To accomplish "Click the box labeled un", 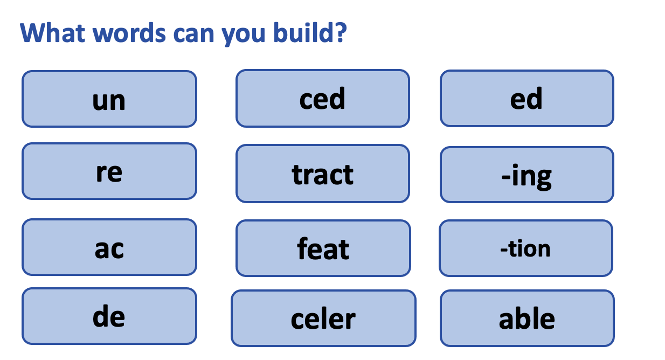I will point(109,99).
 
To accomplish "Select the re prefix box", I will point(109,171).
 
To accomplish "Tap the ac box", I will point(109,247).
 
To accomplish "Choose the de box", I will point(109,316).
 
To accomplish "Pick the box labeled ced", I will point(322,99).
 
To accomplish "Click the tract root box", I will point(322,174).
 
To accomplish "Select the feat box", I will point(323,248).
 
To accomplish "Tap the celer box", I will point(323,319).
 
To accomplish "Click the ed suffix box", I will point(527,99).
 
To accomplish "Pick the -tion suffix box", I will point(525,248).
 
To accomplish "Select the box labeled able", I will point(527,319).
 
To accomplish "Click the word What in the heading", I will point(52,33).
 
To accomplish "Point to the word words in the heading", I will point(129,33).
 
